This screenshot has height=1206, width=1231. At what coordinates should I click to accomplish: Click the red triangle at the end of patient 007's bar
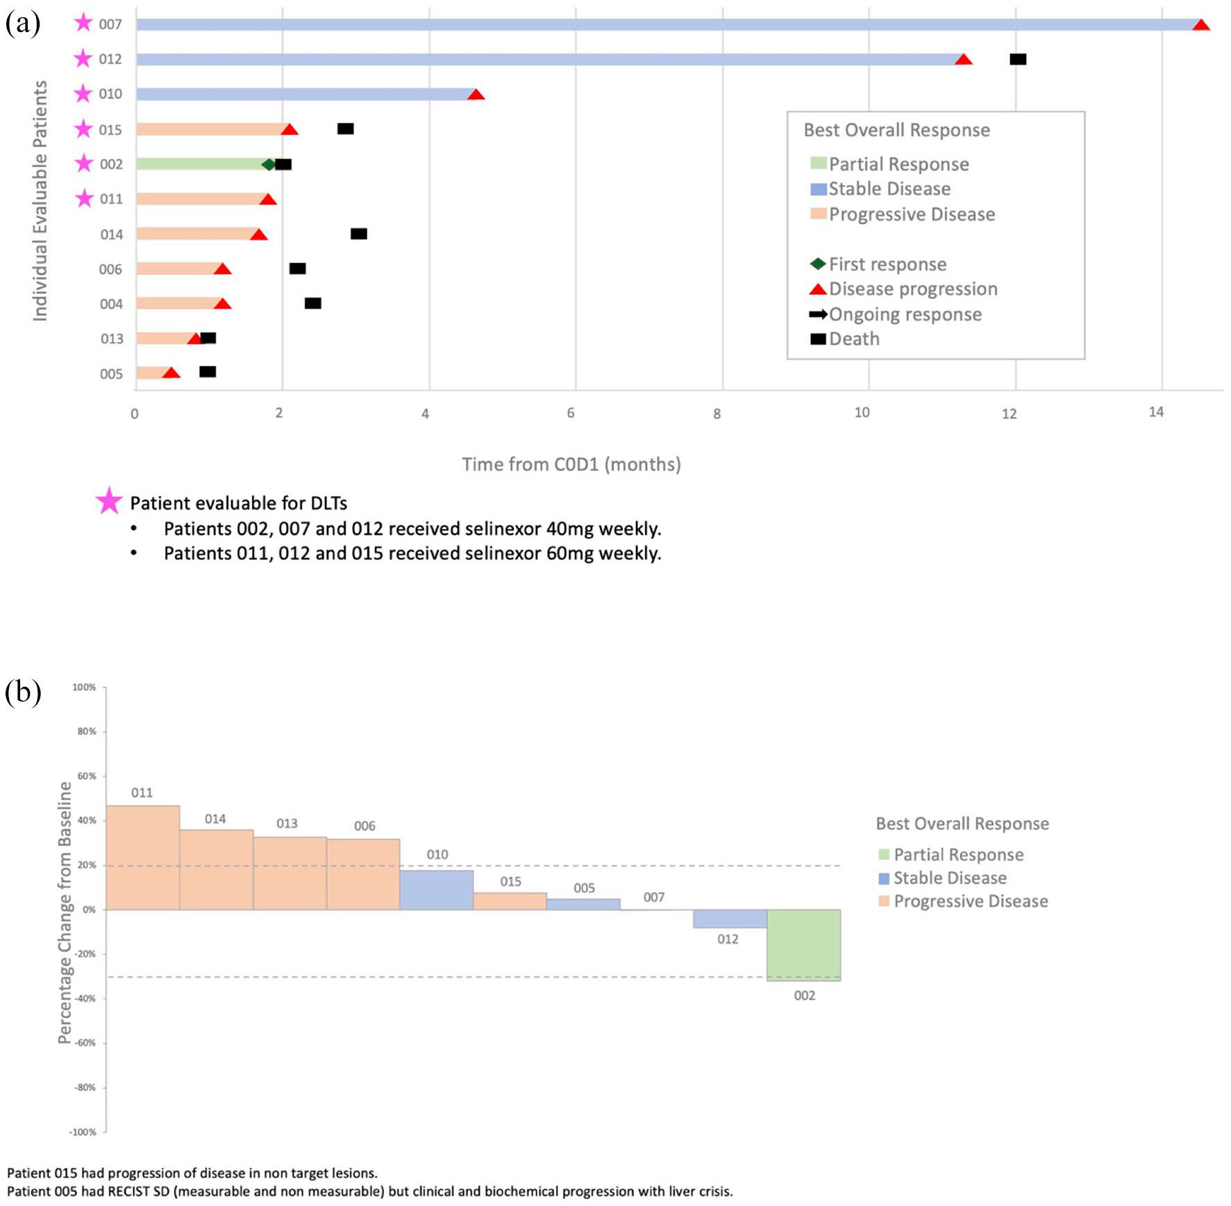[x=1200, y=25]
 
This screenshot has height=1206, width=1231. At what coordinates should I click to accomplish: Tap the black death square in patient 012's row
[x=1018, y=59]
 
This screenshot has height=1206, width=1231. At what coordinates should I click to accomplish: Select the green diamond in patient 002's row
[x=269, y=164]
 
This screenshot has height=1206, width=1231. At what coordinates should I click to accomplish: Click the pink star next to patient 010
[x=83, y=93]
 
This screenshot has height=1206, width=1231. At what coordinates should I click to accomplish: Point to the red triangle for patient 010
[x=476, y=94]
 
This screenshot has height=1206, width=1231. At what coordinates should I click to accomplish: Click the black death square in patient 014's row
[x=359, y=234]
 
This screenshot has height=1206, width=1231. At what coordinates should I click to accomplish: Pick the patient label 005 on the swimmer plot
[x=111, y=374]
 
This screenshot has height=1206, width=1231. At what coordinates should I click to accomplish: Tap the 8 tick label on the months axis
[x=717, y=414]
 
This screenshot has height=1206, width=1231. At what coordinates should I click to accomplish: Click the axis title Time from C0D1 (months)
[x=571, y=464]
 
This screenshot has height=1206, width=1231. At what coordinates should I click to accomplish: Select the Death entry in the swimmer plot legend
[x=845, y=339]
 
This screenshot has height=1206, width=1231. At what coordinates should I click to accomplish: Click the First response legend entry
[x=878, y=264]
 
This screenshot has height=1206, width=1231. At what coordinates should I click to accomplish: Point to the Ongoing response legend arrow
[x=818, y=314]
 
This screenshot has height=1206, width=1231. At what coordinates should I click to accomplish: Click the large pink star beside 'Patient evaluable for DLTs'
[x=109, y=500]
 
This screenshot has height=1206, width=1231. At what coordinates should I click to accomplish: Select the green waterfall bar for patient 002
[x=803, y=944]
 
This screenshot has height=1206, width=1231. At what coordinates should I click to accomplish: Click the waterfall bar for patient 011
[x=143, y=858]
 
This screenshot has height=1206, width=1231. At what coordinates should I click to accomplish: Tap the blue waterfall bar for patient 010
[x=436, y=890]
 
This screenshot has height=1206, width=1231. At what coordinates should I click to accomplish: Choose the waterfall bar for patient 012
[x=730, y=919]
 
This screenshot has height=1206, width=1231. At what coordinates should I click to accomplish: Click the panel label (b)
[x=23, y=692]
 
